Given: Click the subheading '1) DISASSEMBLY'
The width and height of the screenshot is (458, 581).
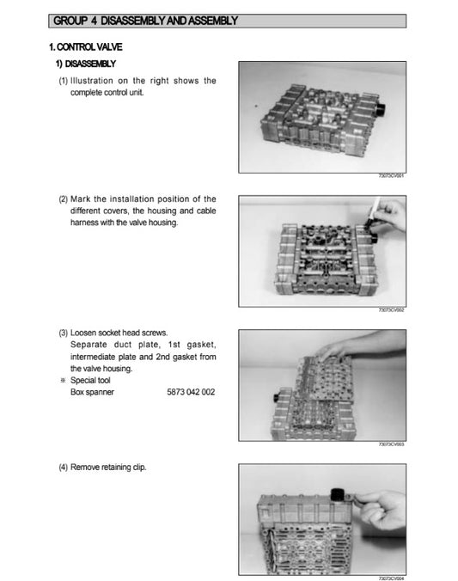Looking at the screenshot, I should point(87,64).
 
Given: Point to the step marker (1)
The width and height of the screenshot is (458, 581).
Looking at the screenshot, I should point(63,81).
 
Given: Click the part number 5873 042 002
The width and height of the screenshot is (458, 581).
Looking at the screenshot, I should point(191,392).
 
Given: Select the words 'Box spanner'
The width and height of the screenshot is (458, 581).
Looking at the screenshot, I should point(92,392).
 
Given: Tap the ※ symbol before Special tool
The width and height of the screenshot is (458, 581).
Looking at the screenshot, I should point(62,380).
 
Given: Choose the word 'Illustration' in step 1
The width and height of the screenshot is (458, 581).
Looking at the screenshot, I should point(97,81).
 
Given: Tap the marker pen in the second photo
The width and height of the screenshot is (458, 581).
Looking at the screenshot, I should point(372,216).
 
